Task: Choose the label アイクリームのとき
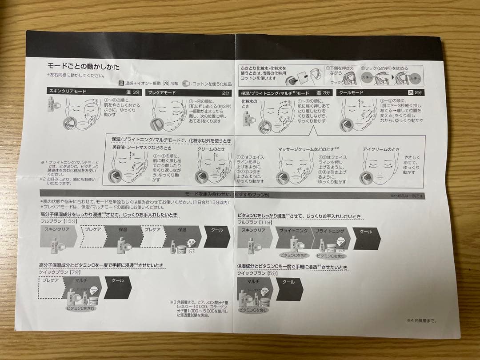tap(381, 150)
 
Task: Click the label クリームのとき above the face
tap(211, 149)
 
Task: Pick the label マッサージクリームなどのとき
tap(308, 149)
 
